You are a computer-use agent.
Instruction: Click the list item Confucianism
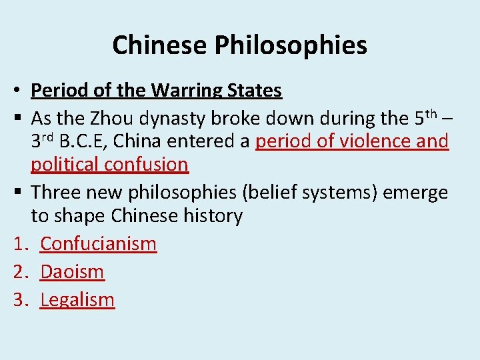(x=98, y=244)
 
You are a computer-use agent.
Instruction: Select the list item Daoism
(x=73, y=272)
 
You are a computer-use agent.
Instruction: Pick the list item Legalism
(x=77, y=300)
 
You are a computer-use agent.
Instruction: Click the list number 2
(x=19, y=272)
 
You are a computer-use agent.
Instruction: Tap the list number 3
(x=19, y=300)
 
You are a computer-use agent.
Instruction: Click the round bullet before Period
(x=19, y=91)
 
